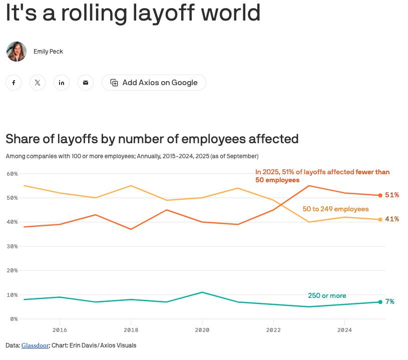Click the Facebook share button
[14, 83]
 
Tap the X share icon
[38, 83]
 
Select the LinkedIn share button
[62, 83]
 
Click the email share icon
[86, 83]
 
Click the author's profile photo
[16, 52]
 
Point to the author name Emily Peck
[48, 52]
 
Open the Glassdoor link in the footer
[35, 345]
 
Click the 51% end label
[392, 195]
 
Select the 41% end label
[392, 219]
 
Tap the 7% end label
[390, 302]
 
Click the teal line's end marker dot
[380, 302]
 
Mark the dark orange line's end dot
[380, 195]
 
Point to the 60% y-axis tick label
[12, 174]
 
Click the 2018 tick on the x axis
[131, 330]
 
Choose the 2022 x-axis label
[273, 330]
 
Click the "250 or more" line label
[327, 295]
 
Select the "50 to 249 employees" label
[335, 209]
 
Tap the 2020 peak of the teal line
[202, 292]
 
